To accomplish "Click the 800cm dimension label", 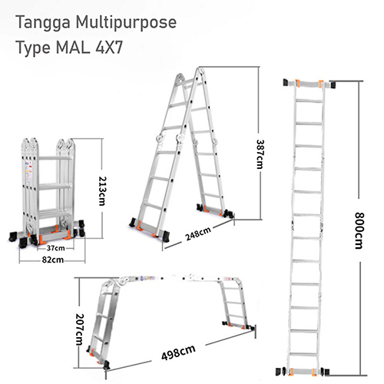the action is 359,230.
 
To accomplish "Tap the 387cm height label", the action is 260,154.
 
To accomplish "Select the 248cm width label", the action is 198,233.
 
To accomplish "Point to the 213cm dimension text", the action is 102,191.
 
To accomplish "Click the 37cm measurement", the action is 56,248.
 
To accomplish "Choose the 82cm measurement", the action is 53,260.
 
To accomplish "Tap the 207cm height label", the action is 80,329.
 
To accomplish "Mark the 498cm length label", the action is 178,353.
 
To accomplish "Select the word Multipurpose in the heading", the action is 126,23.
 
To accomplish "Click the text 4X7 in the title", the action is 109,48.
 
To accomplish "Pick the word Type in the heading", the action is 33,48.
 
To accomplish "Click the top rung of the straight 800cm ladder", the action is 309,101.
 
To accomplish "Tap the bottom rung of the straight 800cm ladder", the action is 303,355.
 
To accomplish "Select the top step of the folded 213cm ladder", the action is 55,158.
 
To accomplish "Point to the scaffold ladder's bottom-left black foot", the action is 107,365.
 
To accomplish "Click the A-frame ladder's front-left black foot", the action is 133,223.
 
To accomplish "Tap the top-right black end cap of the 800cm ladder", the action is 333,84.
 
